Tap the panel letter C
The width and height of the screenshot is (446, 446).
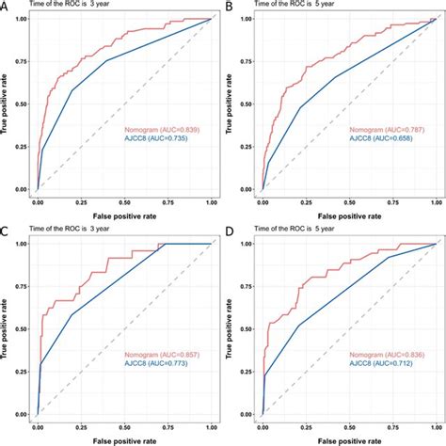pos(7,231)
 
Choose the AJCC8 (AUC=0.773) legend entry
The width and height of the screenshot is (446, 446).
pos(160,365)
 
